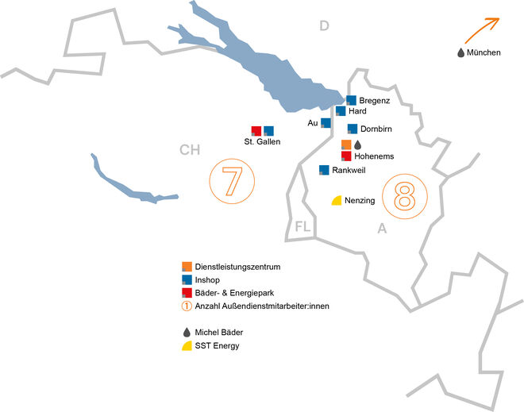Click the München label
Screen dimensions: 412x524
coord(484,52)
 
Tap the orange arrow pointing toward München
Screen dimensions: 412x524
coord(480,29)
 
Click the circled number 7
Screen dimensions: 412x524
coord(231,182)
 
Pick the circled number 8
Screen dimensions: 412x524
coord(405,198)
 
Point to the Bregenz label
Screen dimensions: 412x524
coord(375,101)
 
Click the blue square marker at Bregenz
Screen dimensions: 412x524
coord(352,100)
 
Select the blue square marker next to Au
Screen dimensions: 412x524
coord(326,123)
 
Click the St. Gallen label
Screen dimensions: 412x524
coord(262,143)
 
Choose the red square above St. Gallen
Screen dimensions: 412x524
coord(256,130)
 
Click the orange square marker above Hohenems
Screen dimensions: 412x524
coord(345,144)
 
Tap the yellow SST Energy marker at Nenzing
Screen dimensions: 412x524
coord(337,200)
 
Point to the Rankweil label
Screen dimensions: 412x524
coord(349,171)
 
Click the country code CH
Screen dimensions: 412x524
coord(190,149)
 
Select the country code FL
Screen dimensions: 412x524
coord(301,227)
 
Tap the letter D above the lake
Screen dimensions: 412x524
coord(323,26)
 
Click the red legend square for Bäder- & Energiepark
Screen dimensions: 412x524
coord(187,292)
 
